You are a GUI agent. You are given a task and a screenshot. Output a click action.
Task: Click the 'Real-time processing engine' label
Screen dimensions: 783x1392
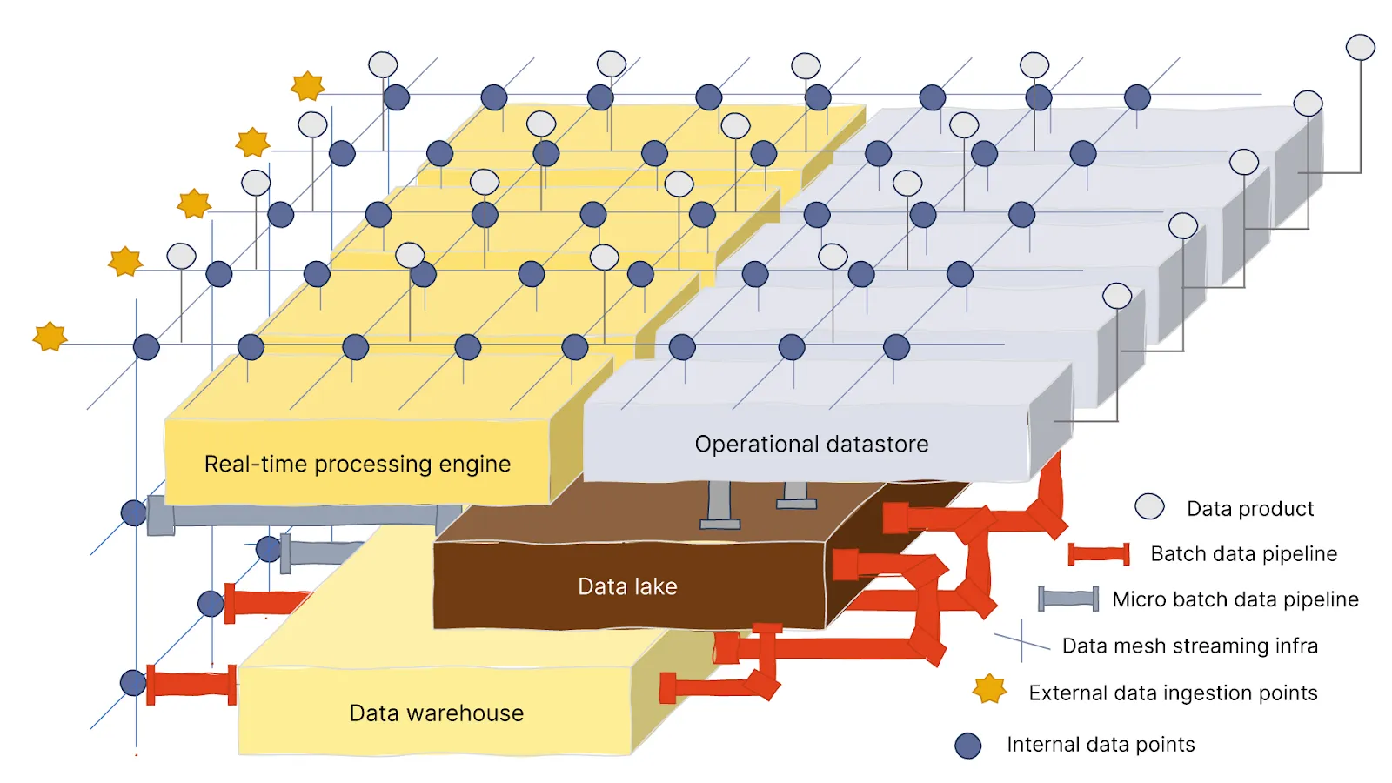point(357,464)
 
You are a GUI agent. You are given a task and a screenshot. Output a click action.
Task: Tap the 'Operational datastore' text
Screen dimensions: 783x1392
point(811,444)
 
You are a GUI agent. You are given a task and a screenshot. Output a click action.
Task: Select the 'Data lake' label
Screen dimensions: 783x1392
point(627,586)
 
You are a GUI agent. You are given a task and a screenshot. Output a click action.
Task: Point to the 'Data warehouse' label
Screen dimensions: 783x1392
point(436,713)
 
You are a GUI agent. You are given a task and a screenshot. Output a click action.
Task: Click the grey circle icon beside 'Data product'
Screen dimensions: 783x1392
point(1149,506)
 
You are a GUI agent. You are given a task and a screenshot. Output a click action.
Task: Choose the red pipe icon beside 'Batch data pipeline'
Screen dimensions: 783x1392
point(1098,553)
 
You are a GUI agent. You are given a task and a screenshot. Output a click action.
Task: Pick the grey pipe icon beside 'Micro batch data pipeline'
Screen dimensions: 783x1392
point(1068,599)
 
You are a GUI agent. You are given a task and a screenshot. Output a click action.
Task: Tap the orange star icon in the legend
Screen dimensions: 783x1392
point(989,689)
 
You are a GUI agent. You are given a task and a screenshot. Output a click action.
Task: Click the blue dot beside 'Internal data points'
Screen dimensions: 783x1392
point(967,746)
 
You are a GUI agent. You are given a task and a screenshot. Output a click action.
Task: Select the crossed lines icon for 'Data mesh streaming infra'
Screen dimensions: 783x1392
point(1021,641)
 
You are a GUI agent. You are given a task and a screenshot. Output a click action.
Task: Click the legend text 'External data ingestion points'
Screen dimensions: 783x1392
point(1172,693)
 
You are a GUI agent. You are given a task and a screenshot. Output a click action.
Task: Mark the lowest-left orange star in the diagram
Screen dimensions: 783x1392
point(50,336)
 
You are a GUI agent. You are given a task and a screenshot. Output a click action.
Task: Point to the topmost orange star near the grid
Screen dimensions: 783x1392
point(307,85)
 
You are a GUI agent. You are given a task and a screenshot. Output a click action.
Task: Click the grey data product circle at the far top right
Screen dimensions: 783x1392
point(1360,47)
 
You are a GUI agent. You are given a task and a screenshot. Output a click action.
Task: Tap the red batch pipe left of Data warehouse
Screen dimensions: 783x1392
point(191,684)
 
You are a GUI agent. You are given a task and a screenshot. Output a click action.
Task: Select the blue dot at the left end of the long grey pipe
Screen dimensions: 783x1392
point(133,513)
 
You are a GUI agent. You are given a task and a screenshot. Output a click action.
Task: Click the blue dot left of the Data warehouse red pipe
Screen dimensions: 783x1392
point(133,683)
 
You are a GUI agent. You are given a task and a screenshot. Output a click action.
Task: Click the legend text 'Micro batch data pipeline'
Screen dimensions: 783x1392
point(1235,599)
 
